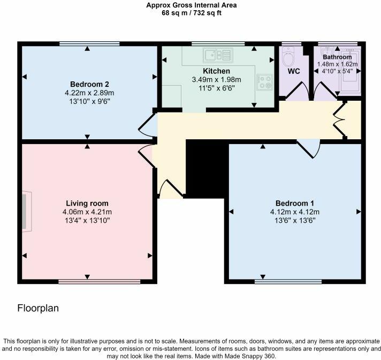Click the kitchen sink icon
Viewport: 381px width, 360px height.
pos(217,54)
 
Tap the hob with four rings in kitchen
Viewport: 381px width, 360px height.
pos(264,81)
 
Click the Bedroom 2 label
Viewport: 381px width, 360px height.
pos(89,84)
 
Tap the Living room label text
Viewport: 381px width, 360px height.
pos(87,203)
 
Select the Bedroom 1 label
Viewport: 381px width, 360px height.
pos(294,203)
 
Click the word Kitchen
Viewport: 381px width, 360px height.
pos(216,71)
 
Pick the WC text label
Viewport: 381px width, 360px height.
pos(294,71)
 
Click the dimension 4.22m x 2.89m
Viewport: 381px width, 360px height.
pos(89,92)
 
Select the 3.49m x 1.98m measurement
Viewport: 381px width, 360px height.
pos(216,79)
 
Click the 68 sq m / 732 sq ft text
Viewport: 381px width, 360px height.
pos(192,13)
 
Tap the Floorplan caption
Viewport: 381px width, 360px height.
pos(38,309)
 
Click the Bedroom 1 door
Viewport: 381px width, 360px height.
pos(309,148)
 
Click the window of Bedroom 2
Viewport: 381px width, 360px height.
pos(89,43)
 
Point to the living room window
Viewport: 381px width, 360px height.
pos(99,281)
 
